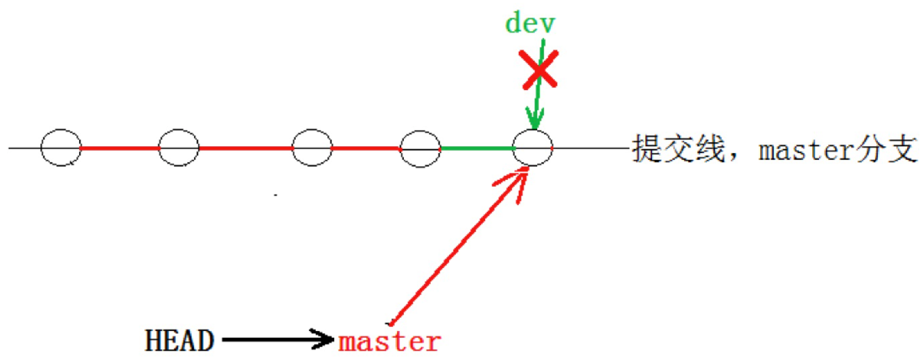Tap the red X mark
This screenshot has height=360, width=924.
[540, 69]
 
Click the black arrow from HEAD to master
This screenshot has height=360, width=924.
[277, 338]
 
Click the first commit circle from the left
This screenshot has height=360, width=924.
[61, 147]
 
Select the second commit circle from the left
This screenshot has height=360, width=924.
[179, 147]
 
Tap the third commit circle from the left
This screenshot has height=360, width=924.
[312, 147]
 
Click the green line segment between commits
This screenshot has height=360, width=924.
[476, 148]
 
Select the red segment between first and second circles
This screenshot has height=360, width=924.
[120, 147]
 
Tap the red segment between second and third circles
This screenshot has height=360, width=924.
[246, 147]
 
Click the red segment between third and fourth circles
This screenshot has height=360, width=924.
[366, 147]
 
